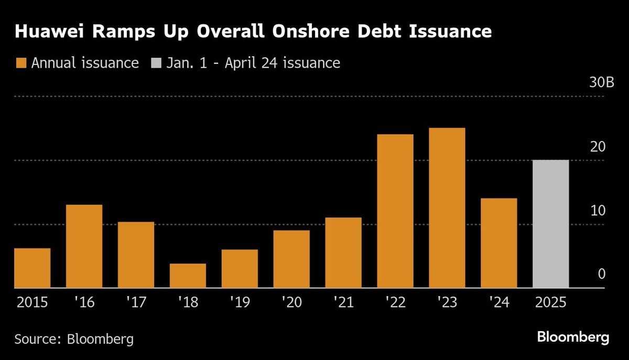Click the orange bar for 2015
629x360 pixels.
pyautogui.click(x=32, y=268)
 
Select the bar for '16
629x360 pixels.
pyautogui.click(x=84, y=246)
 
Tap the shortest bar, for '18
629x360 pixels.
pyautogui.click(x=188, y=276)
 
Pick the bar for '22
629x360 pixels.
pyautogui.click(x=395, y=211)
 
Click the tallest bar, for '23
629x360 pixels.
pyautogui.click(x=447, y=208)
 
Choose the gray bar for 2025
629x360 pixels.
pyautogui.click(x=550, y=224)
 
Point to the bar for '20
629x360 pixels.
pyautogui.click(x=291, y=259)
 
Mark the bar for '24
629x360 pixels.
pyautogui.click(x=498, y=243)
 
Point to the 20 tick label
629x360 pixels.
pyautogui.click(x=598, y=147)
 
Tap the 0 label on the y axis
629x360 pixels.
pyautogui.click(x=602, y=274)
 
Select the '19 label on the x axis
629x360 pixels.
pyautogui.click(x=240, y=303)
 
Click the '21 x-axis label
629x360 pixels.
pyautogui.click(x=343, y=303)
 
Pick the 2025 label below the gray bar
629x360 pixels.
pyautogui.click(x=550, y=303)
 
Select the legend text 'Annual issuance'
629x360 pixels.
pyautogui.click(x=85, y=63)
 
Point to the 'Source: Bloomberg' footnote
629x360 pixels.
pyautogui.click(x=74, y=339)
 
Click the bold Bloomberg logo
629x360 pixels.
pyautogui.click(x=573, y=337)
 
